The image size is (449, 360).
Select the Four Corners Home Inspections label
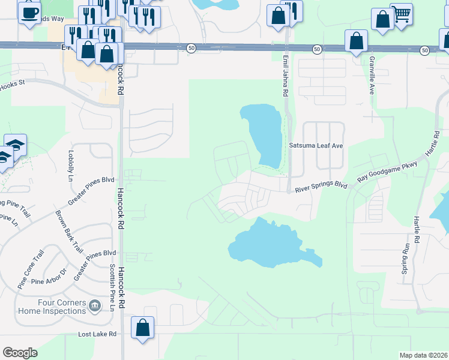pyautogui.click(x=52, y=307)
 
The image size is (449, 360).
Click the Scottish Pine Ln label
pyautogui.click(x=112, y=287)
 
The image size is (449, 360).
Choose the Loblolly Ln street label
pyautogui.click(x=71, y=166)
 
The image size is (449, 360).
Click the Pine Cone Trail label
pyautogui.click(x=31, y=271)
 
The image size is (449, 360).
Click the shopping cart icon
pyautogui.click(x=401, y=13)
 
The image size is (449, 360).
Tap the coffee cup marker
pyautogui.click(x=29, y=12)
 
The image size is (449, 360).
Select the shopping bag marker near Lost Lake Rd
pyautogui.click(x=142, y=328)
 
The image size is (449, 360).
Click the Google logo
pyautogui.click(x=19, y=353)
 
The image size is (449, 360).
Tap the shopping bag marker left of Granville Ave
pyautogui.click(x=356, y=41)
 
